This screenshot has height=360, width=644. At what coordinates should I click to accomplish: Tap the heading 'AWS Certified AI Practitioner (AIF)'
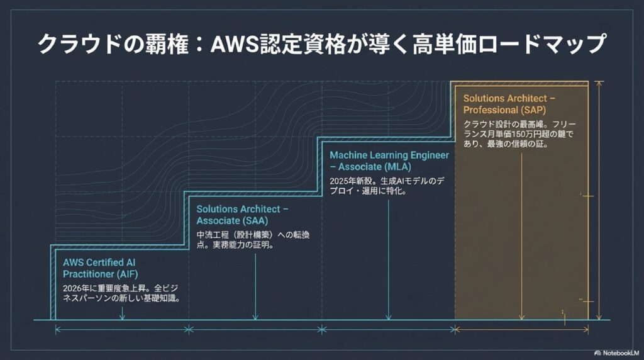pyautogui.click(x=100, y=267)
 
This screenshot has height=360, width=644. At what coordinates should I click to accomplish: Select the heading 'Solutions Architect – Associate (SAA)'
pyautogui.click(x=242, y=215)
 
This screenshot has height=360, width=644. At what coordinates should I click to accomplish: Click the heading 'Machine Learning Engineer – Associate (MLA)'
pyautogui.click(x=389, y=160)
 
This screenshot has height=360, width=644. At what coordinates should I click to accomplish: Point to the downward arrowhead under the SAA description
pyautogui.click(x=255, y=317)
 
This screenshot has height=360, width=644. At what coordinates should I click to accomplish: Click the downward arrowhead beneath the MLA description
pyautogui.click(x=389, y=317)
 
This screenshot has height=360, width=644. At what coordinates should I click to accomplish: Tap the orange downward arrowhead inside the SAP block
pyautogui.click(x=523, y=317)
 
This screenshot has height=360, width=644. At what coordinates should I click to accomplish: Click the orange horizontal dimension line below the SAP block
pyautogui.click(x=521, y=329)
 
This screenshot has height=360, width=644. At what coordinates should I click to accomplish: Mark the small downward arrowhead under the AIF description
pyautogui.click(x=122, y=317)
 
